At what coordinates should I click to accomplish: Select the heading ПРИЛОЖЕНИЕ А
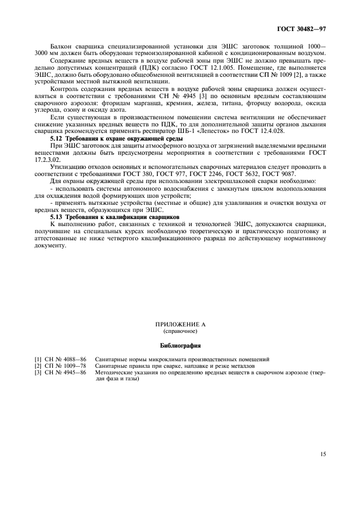pyautogui.click(x=180, y=324)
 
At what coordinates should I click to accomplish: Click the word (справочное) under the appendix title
pyautogui.click(x=180, y=331)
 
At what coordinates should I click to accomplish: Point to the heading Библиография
pyautogui.click(x=180, y=345)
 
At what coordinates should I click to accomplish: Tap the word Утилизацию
pyautogui.click(x=69, y=167)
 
